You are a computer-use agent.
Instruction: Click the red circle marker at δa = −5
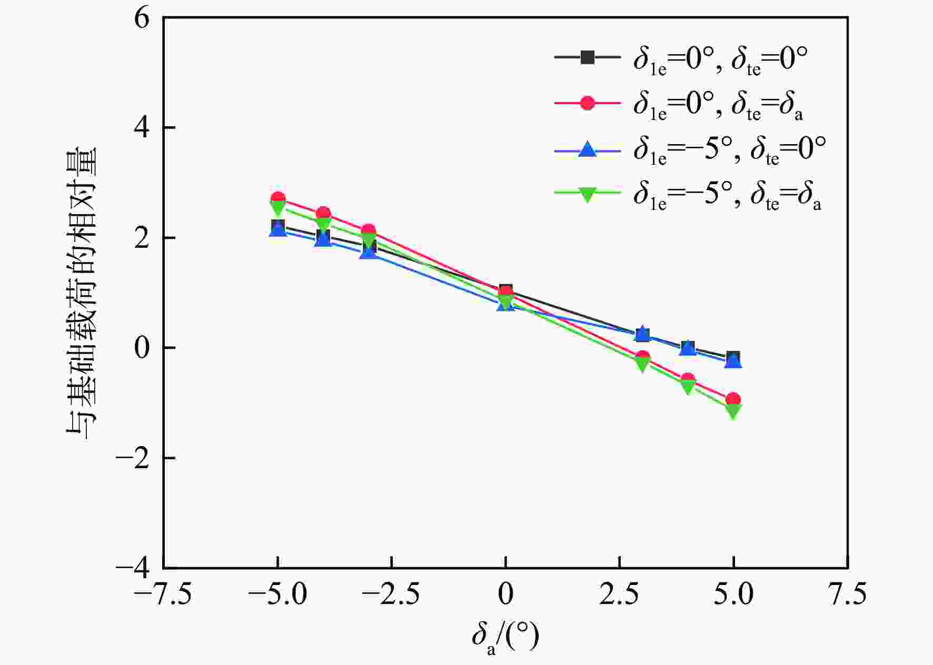pos(278,198)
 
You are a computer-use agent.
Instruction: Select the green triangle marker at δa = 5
pos(733,411)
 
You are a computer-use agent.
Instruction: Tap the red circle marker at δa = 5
pos(733,399)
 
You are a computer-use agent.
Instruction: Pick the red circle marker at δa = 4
pos(688,379)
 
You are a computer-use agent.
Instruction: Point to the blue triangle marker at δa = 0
pos(505,304)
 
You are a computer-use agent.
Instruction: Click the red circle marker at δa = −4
pos(323,214)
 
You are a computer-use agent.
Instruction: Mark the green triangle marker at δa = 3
pos(642,364)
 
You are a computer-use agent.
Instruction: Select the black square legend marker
pos(587,57)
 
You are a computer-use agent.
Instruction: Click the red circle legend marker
pos(587,103)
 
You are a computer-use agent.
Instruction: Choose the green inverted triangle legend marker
pos(587,195)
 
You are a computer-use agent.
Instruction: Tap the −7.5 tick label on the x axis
pos(163,595)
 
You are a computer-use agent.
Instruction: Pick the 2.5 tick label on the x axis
pos(619,595)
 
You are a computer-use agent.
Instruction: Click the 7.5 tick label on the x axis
pos(847,595)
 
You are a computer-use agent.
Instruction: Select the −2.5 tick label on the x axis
pos(391,595)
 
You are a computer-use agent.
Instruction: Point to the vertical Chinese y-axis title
pos(82,292)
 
